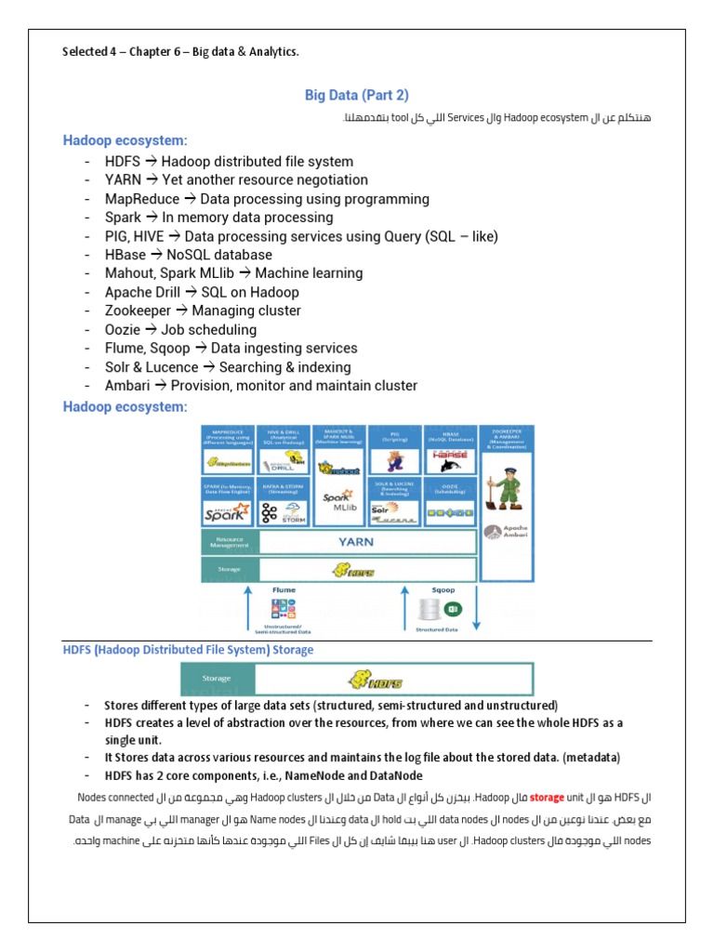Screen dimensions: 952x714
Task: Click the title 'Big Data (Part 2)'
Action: pyautogui.click(x=357, y=95)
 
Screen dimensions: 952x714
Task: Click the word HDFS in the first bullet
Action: pyautogui.click(x=124, y=162)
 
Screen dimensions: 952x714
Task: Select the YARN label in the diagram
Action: pyautogui.click(x=367, y=541)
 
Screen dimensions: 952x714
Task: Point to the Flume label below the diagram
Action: pyautogui.click(x=284, y=589)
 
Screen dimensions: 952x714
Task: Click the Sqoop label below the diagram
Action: pyautogui.click(x=443, y=589)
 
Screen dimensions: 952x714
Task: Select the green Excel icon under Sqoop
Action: pyautogui.click(x=455, y=609)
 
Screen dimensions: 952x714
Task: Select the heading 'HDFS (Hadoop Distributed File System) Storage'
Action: pyautogui.click(x=187, y=650)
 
